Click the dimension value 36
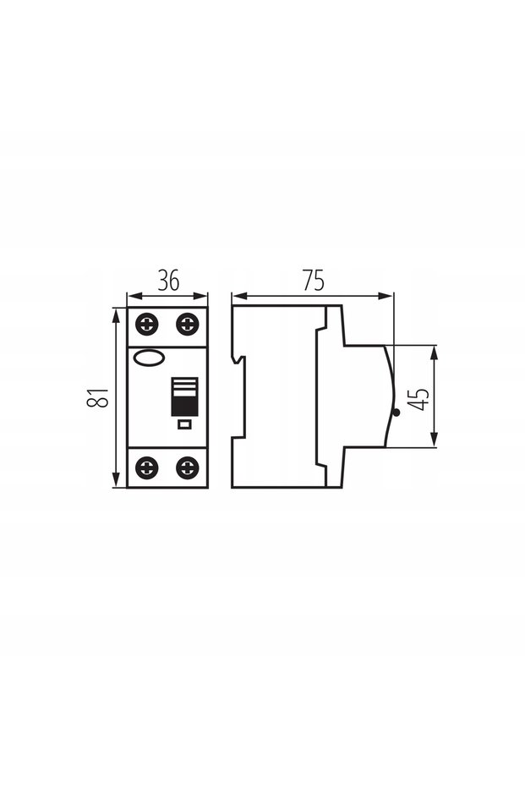[x=168, y=280]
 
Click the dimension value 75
[x=313, y=280]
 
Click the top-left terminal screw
[x=146, y=324]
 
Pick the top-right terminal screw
[x=187, y=324]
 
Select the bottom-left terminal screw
[x=146, y=467]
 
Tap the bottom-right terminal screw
[x=187, y=467]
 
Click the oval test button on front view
[x=149, y=358]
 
